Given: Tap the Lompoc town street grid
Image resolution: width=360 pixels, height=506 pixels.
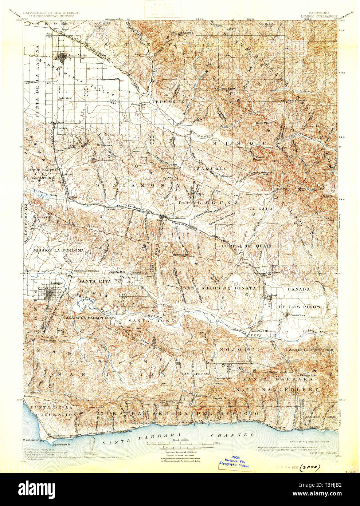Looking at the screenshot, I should click(50, 293).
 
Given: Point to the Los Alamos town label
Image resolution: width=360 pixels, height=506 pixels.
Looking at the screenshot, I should click(179, 218).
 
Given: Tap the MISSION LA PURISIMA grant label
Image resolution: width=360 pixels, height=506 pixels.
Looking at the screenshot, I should click(58, 250).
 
